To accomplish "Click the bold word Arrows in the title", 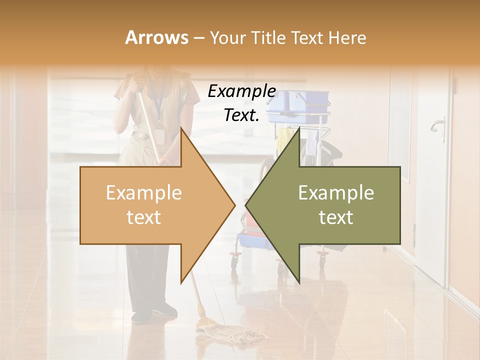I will (x=156, y=37).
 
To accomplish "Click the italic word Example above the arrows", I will (x=241, y=91).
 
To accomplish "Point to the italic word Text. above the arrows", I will (x=241, y=115).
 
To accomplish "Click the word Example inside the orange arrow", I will (x=143, y=193).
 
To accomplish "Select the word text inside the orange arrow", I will (x=143, y=217).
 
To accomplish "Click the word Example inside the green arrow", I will (x=336, y=193).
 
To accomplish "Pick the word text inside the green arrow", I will (x=336, y=217).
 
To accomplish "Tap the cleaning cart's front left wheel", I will (x=234, y=260).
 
